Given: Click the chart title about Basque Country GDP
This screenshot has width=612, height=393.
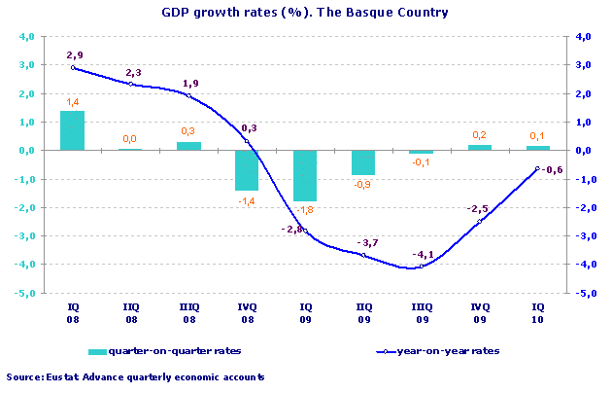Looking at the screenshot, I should (x=305, y=15).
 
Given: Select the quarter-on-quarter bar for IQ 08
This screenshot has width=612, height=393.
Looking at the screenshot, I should (x=73, y=130).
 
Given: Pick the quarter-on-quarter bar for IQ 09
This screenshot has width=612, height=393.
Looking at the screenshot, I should (x=305, y=176).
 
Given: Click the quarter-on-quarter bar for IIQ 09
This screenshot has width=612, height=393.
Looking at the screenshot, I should (x=362, y=162).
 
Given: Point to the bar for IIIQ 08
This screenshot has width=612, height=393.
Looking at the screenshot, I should (x=188, y=146).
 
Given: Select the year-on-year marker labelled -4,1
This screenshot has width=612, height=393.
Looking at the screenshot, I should (x=421, y=268).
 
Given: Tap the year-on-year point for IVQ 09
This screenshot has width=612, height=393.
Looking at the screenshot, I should (x=479, y=222).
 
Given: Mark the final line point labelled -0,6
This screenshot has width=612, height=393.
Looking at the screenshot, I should (x=537, y=168).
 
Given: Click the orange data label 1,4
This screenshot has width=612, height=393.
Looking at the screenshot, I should (x=73, y=102).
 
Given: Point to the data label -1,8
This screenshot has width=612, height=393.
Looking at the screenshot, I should (x=305, y=210).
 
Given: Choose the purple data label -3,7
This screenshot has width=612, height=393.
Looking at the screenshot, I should (x=367, y=242).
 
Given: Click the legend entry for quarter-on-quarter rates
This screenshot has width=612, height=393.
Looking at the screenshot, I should (x=164, y=351).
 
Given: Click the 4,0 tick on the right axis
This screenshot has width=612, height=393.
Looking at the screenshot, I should (x=584, y=37).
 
